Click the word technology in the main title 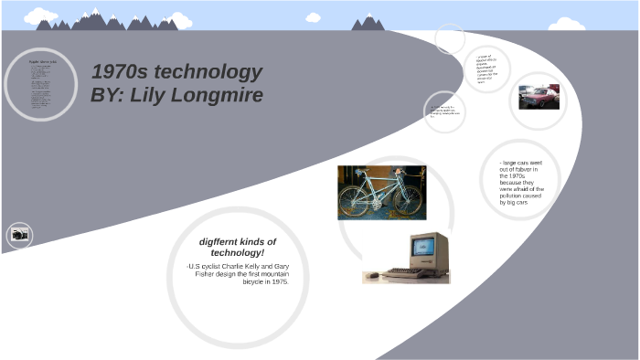click(x=208, y=73)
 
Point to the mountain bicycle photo click(x=380, y=192)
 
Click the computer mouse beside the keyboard click(x=371, y=275)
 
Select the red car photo click(x=539, y=98)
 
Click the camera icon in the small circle click(x=19, y=235)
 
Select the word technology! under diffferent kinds click(x=237, y=252)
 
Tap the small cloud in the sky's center click(x=314, y=17)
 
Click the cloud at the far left click(x=40, y=16)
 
